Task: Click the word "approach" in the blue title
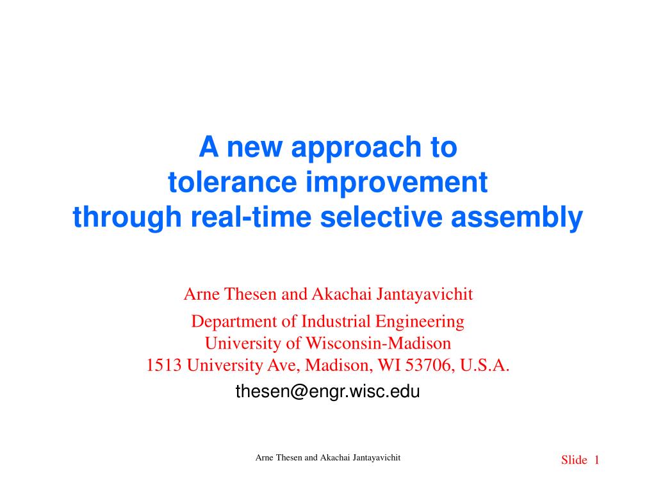pos(356,149)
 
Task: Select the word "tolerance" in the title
pos(232,183)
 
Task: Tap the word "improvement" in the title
pos(397,184)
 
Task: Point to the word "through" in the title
pos(127,218)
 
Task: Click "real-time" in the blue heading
pos(251,217)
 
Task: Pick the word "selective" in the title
pos(382,217)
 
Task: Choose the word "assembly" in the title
pos(517,218)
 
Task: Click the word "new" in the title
pos(254,148)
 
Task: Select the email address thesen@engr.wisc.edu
pos(327,391)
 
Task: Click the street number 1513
pos(163,365)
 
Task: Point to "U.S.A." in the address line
pos(484,365)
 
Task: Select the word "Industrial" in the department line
pos(336,322)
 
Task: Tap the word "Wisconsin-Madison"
pos(378,343)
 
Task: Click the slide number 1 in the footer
pos(596,460)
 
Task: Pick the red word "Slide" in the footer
pos(574,460)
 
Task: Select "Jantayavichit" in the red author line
pos(425,295)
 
